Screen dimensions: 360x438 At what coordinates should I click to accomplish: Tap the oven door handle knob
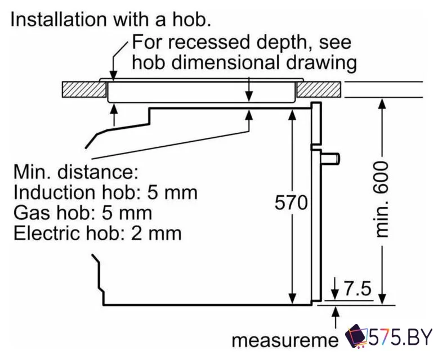point(333,159)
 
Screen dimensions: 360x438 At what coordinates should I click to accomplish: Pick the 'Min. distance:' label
point(75,171)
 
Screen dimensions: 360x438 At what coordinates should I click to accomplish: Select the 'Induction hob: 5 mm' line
point(105,192)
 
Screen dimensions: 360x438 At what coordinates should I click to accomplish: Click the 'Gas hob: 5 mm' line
point(82,213)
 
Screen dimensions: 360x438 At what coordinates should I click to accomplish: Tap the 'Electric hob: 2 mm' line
point(97,232)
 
